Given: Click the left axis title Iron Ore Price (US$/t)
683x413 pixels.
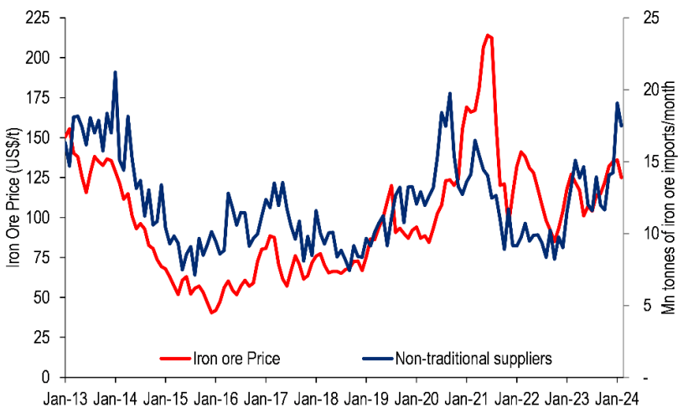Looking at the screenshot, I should tap(13, 198).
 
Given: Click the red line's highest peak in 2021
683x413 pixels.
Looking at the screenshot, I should tap(488, 35).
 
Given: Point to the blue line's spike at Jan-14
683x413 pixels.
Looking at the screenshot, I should tap(115, 72).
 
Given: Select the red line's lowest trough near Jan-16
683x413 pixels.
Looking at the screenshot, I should tap(212, 313).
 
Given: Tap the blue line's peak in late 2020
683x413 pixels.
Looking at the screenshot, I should tap(450, 93).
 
